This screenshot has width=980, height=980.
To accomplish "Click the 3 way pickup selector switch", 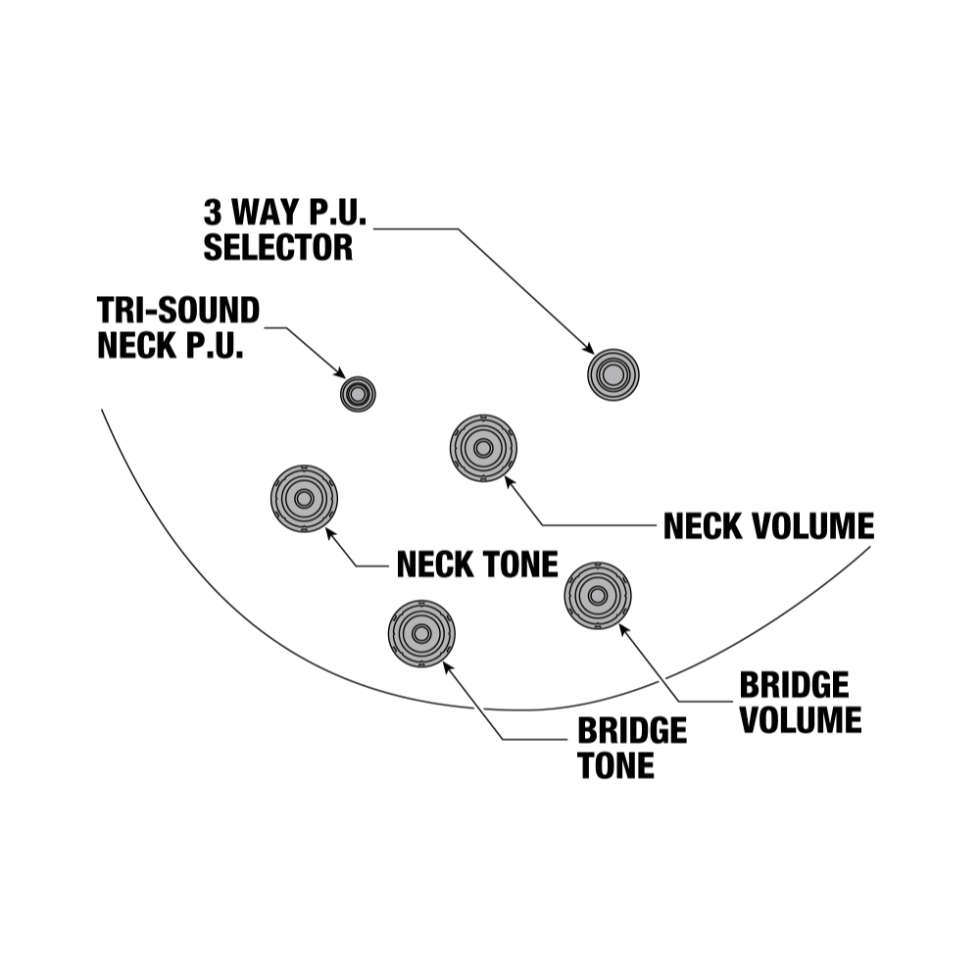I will coord(612,373).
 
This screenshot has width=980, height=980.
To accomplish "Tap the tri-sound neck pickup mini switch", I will coord(358,394).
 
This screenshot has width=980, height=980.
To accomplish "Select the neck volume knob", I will coord(483,449).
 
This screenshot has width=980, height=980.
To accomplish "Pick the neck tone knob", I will coord(304,498).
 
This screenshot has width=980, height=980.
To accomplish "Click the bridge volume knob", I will coord(598,594).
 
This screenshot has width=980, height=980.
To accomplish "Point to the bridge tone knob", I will coord(421,633).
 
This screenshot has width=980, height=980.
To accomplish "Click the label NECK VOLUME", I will coord(768,526).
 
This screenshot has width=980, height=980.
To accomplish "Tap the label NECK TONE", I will coord(476,564).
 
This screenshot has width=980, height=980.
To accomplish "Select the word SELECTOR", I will coord(277,247).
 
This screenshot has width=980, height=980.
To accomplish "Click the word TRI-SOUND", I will coord(178,311).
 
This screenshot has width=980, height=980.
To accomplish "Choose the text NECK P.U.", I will coord(170,346).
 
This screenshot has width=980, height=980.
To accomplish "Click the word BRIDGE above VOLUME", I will coord(794,684).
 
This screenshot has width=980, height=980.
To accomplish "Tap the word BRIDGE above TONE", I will coord(632,731).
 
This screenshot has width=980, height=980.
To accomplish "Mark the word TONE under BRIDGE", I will coord(615,765).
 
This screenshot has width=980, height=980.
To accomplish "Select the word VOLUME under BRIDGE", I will coord(801,719).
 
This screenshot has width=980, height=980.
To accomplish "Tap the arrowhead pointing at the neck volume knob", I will coord(508,479).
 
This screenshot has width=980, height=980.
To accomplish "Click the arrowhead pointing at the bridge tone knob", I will coord(448,665).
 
